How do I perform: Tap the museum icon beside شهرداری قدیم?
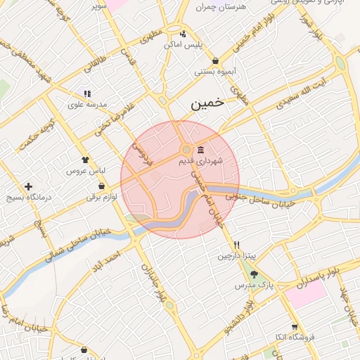click(x=202, y=150)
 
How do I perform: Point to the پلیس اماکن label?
click(x=183, y=44)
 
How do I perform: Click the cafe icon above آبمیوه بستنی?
click(x=215, y=61)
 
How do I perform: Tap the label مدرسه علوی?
click(x=86, y=104)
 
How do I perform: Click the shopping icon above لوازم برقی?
click(x=103, y=186)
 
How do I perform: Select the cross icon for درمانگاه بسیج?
click(x=28, y=187)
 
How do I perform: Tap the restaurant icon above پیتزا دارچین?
click(x=237, y=245)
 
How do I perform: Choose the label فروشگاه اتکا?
click(x=290, y=337)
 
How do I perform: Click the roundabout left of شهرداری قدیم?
click(x=186, y=150)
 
